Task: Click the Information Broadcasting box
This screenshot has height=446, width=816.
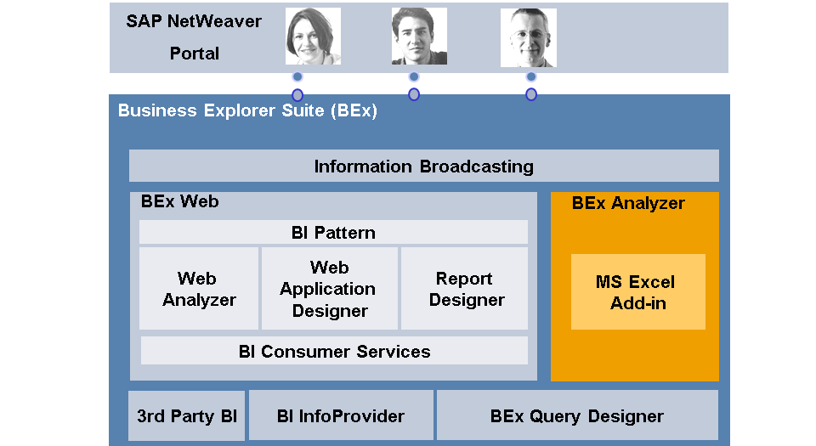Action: click(423, 166)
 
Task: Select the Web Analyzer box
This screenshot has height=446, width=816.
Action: click(199, 289)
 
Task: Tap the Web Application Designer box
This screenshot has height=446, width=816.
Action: click(329, 289)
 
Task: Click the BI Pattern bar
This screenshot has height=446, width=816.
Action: click(332, 232)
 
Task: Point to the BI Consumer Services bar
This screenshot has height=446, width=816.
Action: click(334, 351)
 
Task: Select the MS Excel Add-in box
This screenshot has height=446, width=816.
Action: click(637, 291)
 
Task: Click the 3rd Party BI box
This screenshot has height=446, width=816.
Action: click(186, 416)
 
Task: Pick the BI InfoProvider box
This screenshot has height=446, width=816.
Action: click(340, 416)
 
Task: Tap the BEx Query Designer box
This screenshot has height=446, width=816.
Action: click(576, 416)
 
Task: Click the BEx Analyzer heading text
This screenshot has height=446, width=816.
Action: click(627, 203)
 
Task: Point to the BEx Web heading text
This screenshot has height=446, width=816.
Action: click(179, 201)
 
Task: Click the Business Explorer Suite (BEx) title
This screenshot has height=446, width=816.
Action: click(247, 110)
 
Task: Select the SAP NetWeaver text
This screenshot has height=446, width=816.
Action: click(193, 21)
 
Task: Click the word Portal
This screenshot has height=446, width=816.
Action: click(194, 54)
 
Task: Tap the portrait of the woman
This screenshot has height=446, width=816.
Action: click(313, 37)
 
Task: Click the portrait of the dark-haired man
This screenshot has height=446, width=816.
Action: click(419, 37)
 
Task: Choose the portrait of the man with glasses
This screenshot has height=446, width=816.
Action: click(528, 38)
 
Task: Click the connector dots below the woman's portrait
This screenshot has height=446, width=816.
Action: click(297, 86)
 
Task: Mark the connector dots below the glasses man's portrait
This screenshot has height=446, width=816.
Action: click(531, 86)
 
